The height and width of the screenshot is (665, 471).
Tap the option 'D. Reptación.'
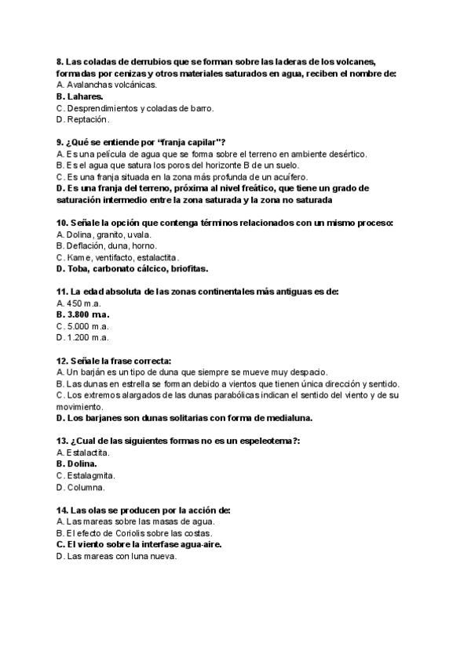point(83,120)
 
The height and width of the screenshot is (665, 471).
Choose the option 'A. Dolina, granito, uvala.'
point(104,234)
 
